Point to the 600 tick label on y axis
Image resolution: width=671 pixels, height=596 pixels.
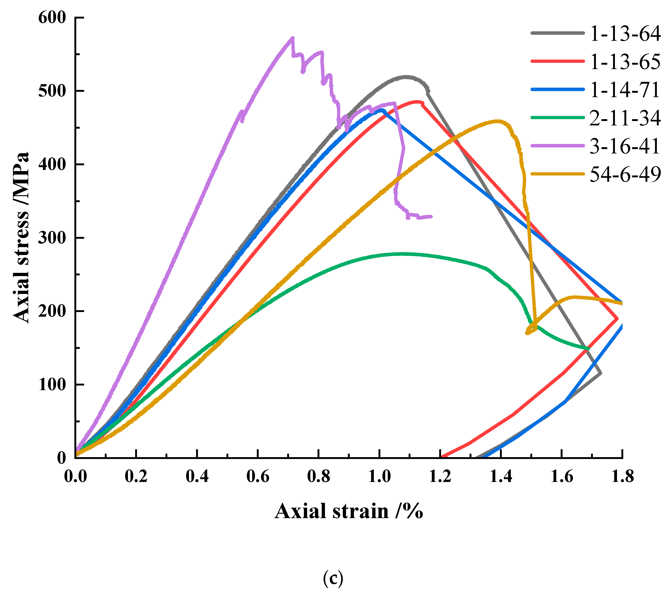pyautogui.click(x=53, y=17)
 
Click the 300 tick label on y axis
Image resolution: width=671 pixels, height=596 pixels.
pyautogui.click(x=53, y=238)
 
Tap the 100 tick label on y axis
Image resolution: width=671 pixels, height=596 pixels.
pyautogui.click(x=53, y=385)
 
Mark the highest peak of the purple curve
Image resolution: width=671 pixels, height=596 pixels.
pyautogui.click(x=293, y=38)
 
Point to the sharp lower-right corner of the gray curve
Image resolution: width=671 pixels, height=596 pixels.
pyautogui.click(x=600, y=373)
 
